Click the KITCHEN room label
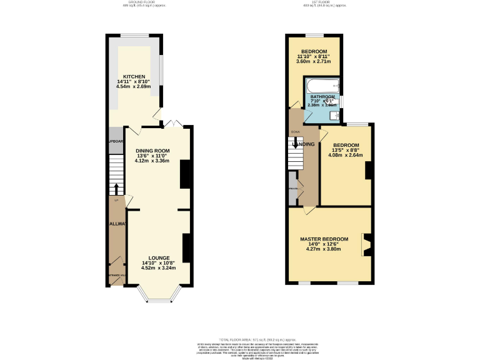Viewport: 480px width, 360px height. point(134,76)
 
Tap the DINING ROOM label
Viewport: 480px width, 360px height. point(152,151)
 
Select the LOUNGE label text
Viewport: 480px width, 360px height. point(158,257)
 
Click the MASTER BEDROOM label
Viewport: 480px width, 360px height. point(324,239)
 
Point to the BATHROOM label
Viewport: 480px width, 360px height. point(323,97)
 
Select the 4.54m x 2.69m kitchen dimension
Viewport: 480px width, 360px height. point(134,86)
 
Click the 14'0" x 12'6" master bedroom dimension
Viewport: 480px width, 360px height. point(324,245)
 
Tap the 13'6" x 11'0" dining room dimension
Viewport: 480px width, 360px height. point(152,156)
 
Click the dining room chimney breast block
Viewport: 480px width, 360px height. point(186,174)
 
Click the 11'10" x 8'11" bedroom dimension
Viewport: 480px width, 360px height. point(314,57)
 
